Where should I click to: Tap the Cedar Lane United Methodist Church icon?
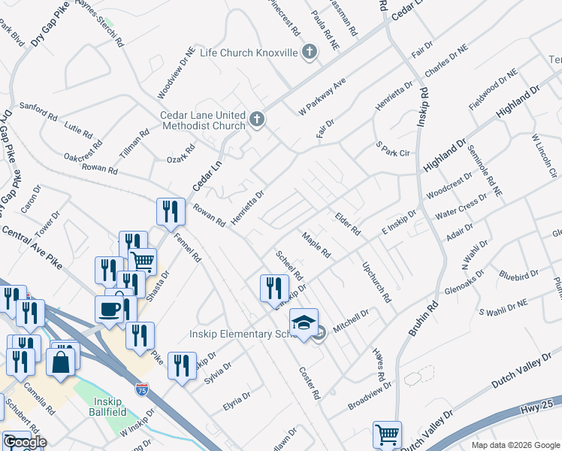257,120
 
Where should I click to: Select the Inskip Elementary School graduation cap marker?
304,323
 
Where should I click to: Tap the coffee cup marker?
109,309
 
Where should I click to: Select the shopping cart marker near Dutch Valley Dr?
387,434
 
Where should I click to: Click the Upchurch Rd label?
376,282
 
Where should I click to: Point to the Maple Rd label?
316,244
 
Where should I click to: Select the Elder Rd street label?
348,220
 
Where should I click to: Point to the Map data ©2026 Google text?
515,445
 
